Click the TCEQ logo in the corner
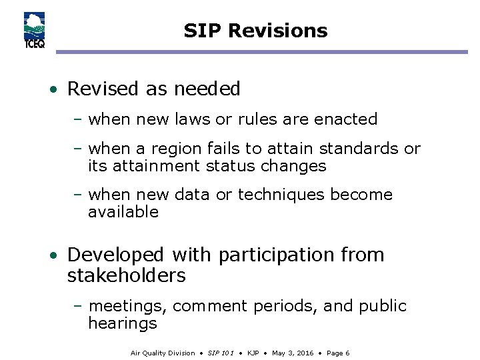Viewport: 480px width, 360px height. point(33,31)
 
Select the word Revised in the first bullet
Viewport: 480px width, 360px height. point(100,89)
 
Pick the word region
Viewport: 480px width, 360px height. point(175,149)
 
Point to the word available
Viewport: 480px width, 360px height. point(123,212)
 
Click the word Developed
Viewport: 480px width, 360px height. point(115,255)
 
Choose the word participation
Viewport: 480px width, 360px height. point(277,255)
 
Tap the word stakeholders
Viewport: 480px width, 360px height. point(126,275)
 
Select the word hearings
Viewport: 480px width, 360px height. point(123,324)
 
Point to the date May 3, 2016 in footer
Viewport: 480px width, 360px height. point(292,353)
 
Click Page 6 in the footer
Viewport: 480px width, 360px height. point(337,353)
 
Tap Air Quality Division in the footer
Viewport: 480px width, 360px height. point(163,353)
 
